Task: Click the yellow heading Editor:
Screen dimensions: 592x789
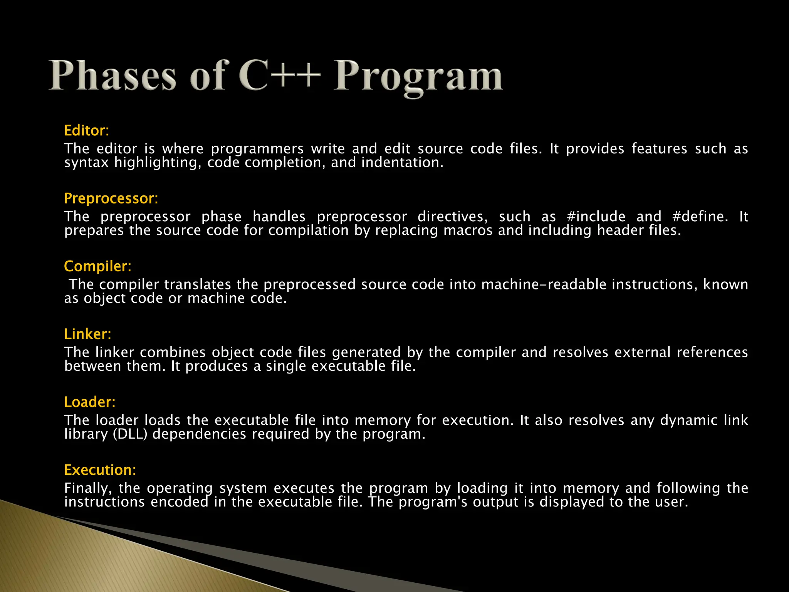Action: pos(87,131)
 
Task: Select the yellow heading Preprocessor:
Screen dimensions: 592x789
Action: pos(111,198)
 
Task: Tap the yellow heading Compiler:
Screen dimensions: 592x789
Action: pos(97,266)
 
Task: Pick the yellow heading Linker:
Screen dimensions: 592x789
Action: pos(87,334)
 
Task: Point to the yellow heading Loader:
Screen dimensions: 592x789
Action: pos(89,402)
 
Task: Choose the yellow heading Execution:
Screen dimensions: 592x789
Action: pos(100,470)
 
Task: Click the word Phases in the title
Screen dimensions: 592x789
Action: pos(112,76)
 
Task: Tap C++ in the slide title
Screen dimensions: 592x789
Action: pos(279,76)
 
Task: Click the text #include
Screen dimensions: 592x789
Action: pos(596,217)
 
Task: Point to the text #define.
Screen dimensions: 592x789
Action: pos(700,217)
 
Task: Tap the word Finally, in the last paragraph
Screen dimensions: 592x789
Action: pos(88,489)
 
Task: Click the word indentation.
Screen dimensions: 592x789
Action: pos(402,163)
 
